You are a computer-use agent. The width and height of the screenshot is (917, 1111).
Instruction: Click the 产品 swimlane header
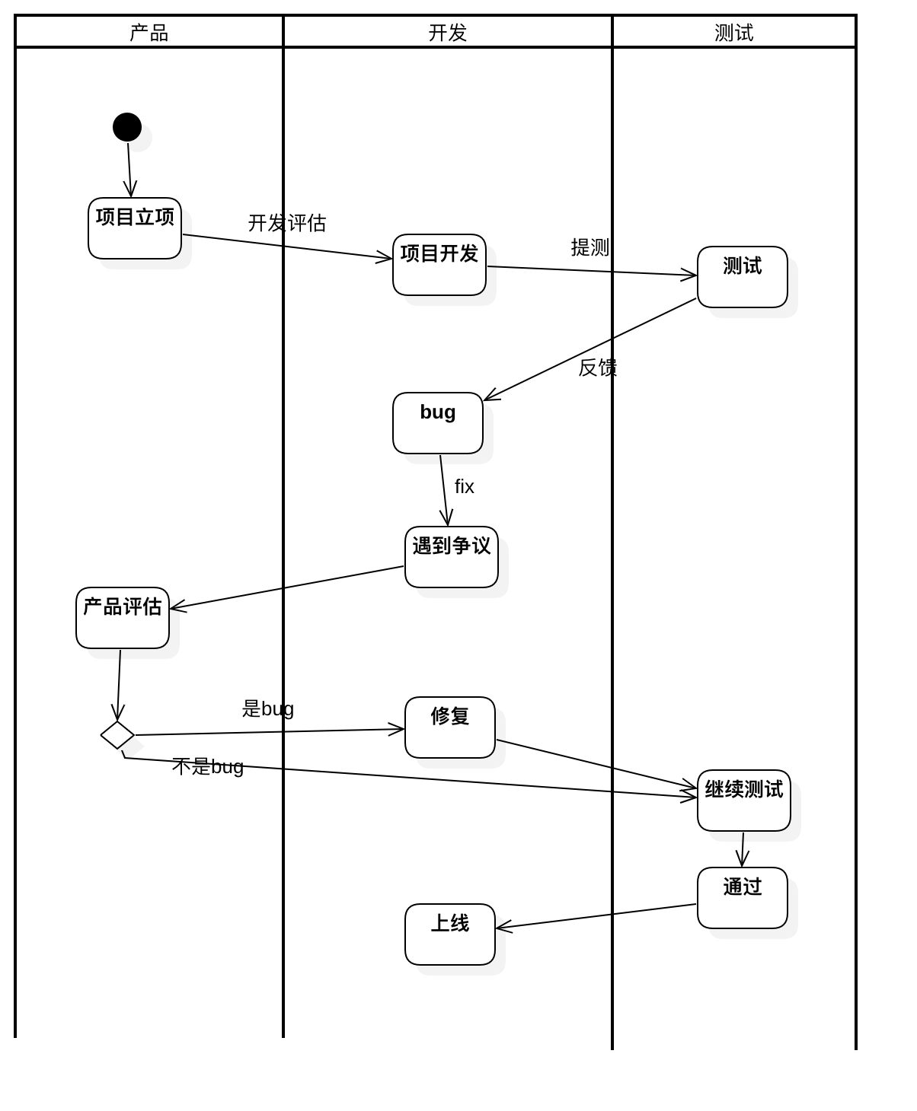click(149, 32)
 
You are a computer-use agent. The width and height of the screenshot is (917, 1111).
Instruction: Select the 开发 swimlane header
click(448, 32)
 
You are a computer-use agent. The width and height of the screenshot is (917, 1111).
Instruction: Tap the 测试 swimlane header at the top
click(734, 32)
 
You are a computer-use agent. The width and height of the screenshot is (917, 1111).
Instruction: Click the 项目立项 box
click(135, 229)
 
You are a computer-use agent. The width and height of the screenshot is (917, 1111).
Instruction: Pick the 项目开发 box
click(439, 266)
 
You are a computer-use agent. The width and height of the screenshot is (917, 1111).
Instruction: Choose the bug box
click(438, 424)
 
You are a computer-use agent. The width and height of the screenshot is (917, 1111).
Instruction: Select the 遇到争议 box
click(452, 558)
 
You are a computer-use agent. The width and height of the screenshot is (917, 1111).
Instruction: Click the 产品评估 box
click(123, 619)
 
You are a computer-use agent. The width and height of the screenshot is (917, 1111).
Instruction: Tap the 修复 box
click(450, 728)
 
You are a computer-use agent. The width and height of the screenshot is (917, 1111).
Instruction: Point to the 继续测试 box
click(744, 801)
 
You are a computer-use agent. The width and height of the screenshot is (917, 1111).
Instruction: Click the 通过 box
click(743, 899)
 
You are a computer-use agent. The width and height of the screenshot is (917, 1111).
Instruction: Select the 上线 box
click(450, 935)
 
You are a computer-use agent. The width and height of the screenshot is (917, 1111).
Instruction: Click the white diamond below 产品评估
click(117, 735)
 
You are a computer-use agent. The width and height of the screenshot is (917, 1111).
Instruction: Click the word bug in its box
click(438, 412)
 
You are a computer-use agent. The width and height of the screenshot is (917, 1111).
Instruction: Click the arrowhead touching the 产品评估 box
click(174, 606)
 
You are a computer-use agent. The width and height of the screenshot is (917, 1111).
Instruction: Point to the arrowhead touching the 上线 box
click(501, 926)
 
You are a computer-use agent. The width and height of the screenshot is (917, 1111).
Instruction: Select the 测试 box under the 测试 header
click(743, 278)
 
